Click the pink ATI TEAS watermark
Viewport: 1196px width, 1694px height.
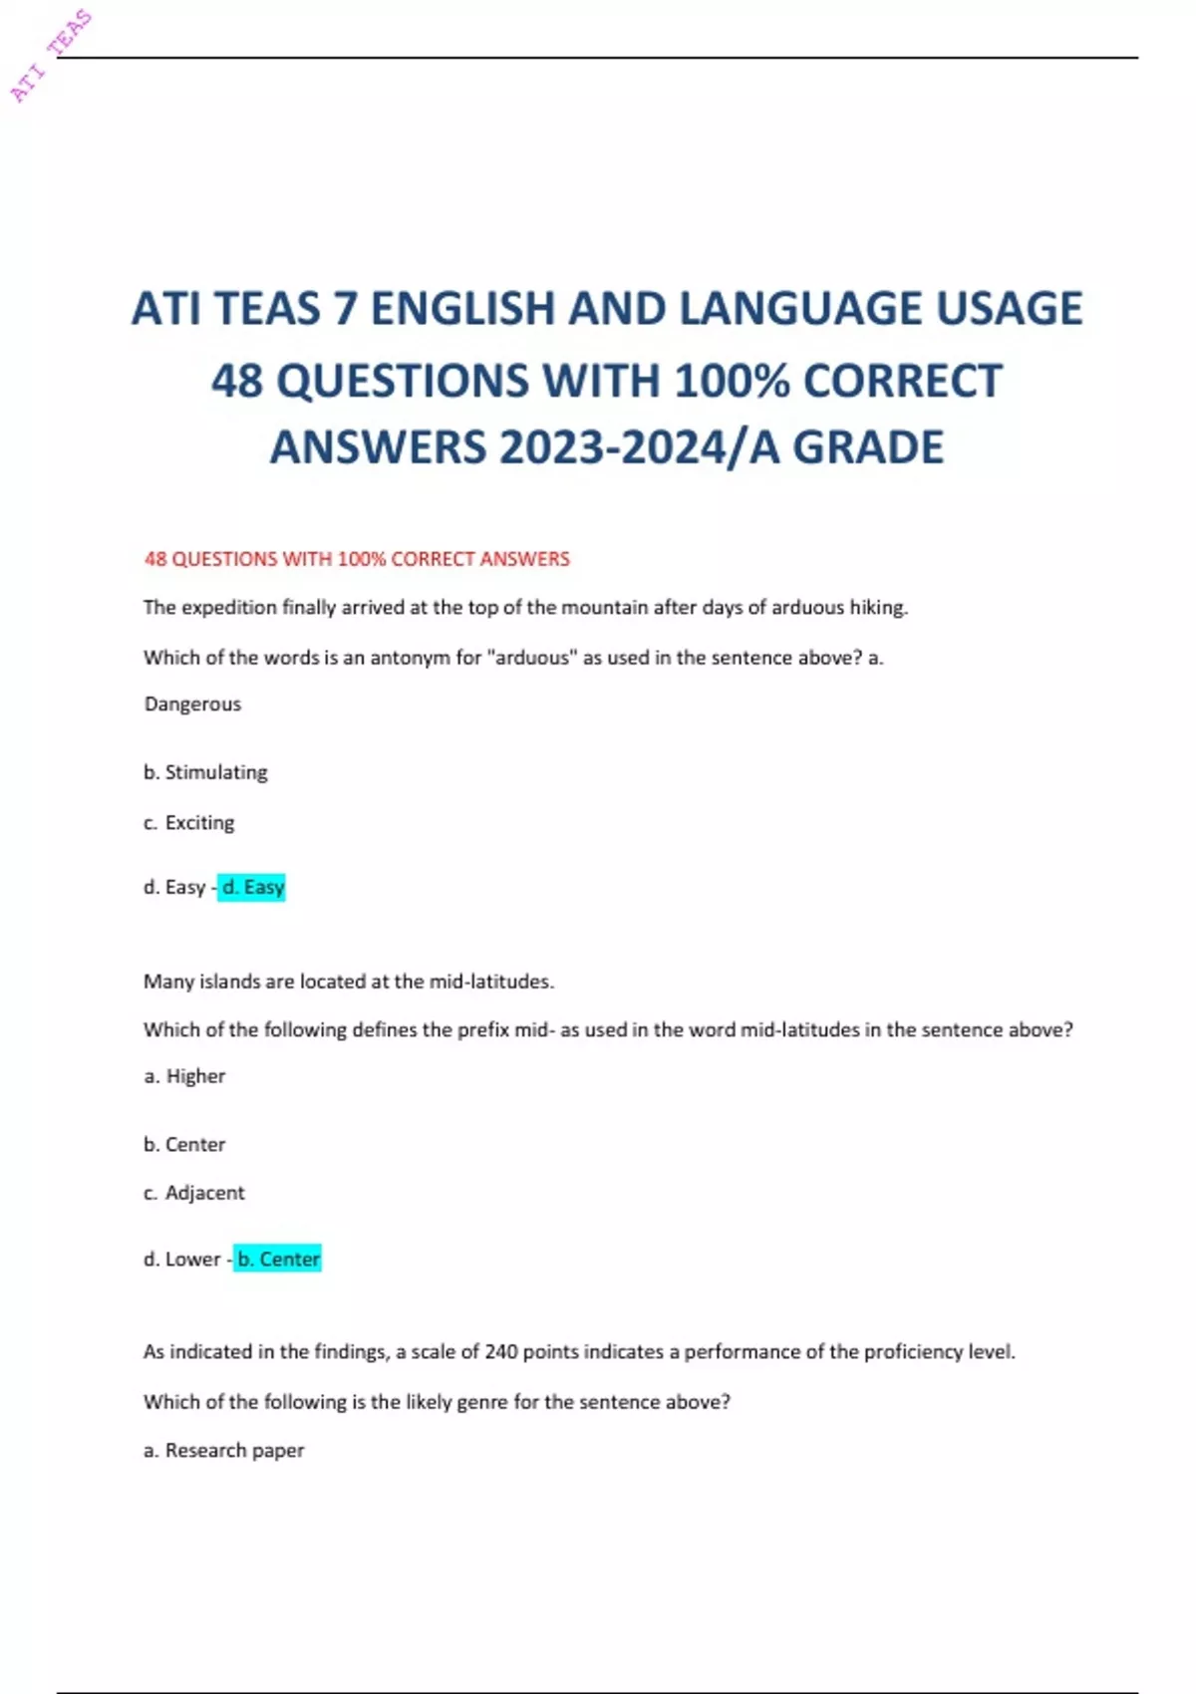pyautogui.click(x=52, y=56)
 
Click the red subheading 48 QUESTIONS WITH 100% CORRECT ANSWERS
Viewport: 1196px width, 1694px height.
pyautogui.click(x=357, y=559)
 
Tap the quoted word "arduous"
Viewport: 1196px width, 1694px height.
pyautogui.click(x=531, y=658)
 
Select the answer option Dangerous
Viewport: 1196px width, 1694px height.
pyautogui.click(x=192, y=705)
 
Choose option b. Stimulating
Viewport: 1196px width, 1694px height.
pyautogui.click(x=206, y=772)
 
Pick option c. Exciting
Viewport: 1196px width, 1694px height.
pyautogui.click(x=189, y=823)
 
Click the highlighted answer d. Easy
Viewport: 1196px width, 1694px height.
pyautogui.click(x=252, y=887)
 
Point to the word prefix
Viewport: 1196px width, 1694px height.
pyautogui.click(x=482, y=1030)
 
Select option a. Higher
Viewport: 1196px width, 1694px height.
pyautogui.click(x=185, y=1076)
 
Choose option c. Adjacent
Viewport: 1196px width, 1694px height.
pyautogui.click(x=194, y=1193)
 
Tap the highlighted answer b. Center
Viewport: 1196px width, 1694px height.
pyautogui.click(x=278, y=1260)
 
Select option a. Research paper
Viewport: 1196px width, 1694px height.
pyautogui.click(x=224, y=1451)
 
